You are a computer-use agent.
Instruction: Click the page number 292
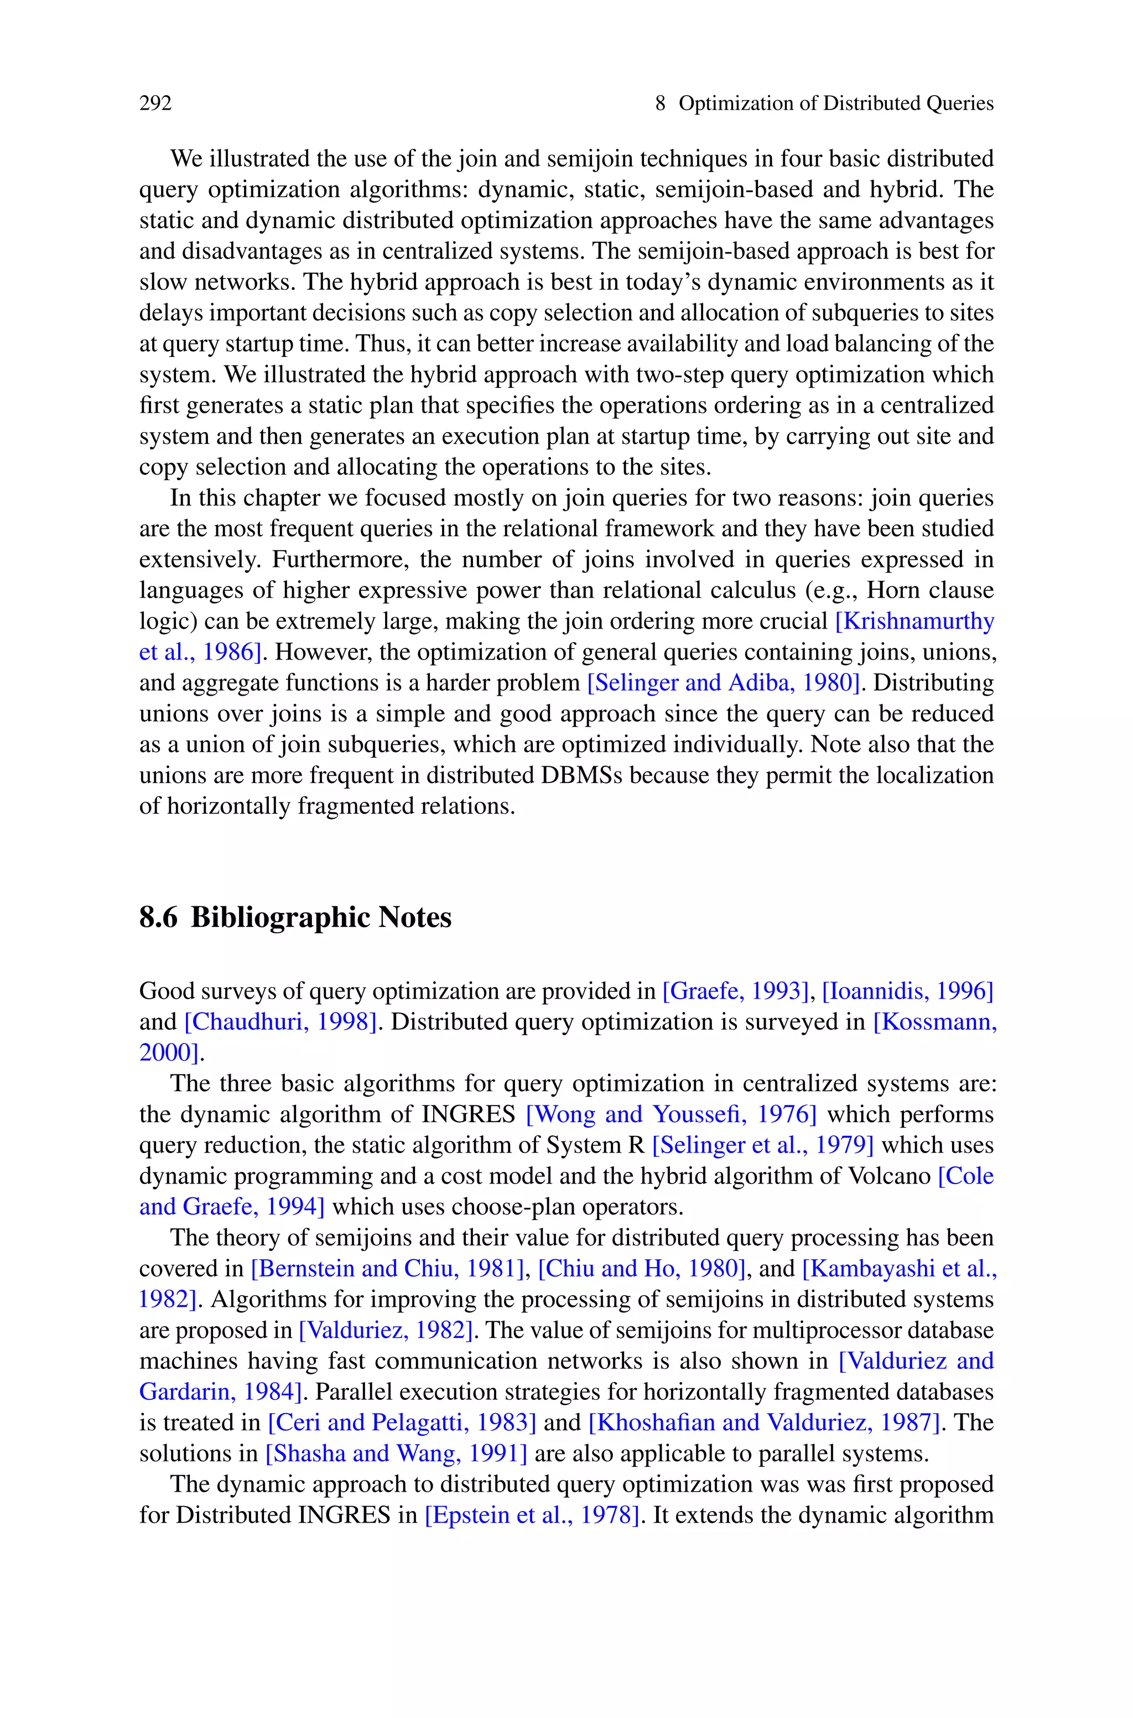155,103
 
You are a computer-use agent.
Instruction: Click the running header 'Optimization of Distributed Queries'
836,103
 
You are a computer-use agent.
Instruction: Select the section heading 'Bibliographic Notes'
321,917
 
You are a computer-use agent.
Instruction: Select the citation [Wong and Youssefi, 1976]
671,1114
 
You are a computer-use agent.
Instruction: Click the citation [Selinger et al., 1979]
763,1145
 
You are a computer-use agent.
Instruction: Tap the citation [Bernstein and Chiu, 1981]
387,1268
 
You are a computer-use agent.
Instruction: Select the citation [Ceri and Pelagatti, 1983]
402,1423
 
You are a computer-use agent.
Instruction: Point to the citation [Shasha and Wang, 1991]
397,1453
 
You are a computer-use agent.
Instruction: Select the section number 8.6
158,917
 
